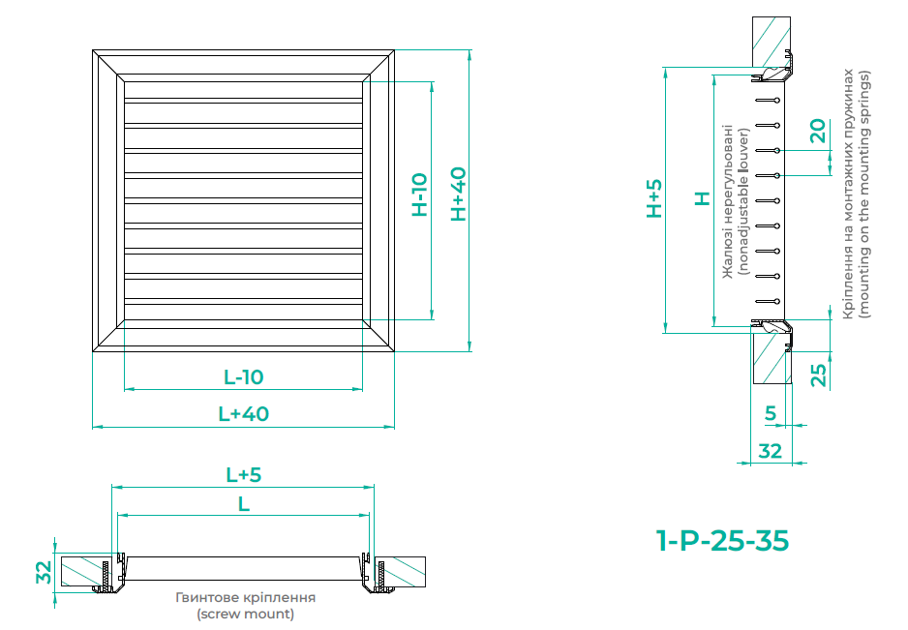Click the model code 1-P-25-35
point(722,541)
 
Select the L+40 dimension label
point(243,414)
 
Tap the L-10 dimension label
point(243,377)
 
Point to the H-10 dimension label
point(419,195)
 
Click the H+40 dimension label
point(458,194)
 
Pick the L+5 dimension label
point(243,475)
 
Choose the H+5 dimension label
point(653,198)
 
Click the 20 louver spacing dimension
point(817,131)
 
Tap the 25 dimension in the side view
point(818,375)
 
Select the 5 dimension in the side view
point(771,413)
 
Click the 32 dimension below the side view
point(771,451)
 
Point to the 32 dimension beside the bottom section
point(44,572)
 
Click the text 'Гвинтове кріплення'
point(246,597)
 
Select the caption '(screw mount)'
point(246,614)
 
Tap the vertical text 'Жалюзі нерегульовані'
point(728,201)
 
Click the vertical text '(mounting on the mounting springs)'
point(864,195)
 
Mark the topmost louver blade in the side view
point(768,101)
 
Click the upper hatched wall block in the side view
point(772,41)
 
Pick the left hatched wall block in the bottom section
point(81,572)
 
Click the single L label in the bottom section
point(244,504)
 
